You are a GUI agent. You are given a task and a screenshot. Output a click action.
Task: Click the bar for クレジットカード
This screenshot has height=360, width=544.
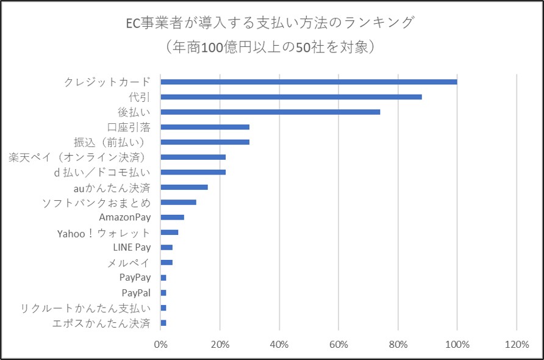pyautogui.click(x=309, y=82)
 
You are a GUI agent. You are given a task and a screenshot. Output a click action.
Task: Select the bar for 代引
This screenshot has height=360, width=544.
pyautogui.click(x=291, y=97)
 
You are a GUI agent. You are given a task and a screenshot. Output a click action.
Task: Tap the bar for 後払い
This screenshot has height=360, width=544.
pyautogui.click(x=270, y=112)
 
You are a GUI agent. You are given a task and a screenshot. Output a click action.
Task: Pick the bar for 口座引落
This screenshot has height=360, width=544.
pyautogui.click(x=205, y=127)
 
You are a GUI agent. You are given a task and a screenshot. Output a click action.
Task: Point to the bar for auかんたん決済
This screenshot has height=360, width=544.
pyautogui.click(x=184, y=187)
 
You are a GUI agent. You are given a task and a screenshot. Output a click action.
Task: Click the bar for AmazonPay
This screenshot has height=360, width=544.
pyautogui.click(x=172, y=217)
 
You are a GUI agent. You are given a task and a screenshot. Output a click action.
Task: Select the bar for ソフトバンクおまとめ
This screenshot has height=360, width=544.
pyautogui.click(x=178, y=202)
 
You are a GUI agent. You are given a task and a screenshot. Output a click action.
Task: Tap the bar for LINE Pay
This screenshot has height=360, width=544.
pyautogui.click(x=166, y=247)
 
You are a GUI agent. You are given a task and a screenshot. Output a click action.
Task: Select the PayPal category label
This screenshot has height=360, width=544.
pyautogui.click(x=136, y=292)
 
